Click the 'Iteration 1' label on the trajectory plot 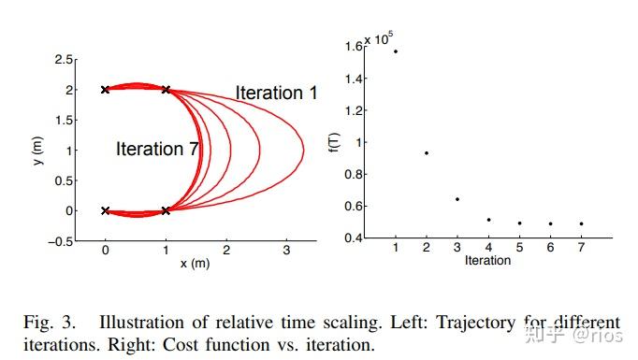(276, 93)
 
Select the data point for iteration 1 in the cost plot (396, 51)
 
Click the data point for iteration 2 (427, 152)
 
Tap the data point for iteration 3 (457, 198)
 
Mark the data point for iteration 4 (488, 220)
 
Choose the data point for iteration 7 (581, 223)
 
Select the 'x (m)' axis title (196, 264)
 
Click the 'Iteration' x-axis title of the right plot (487, 260)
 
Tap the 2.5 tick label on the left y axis (65, 60)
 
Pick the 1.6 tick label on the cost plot (354, 46)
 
